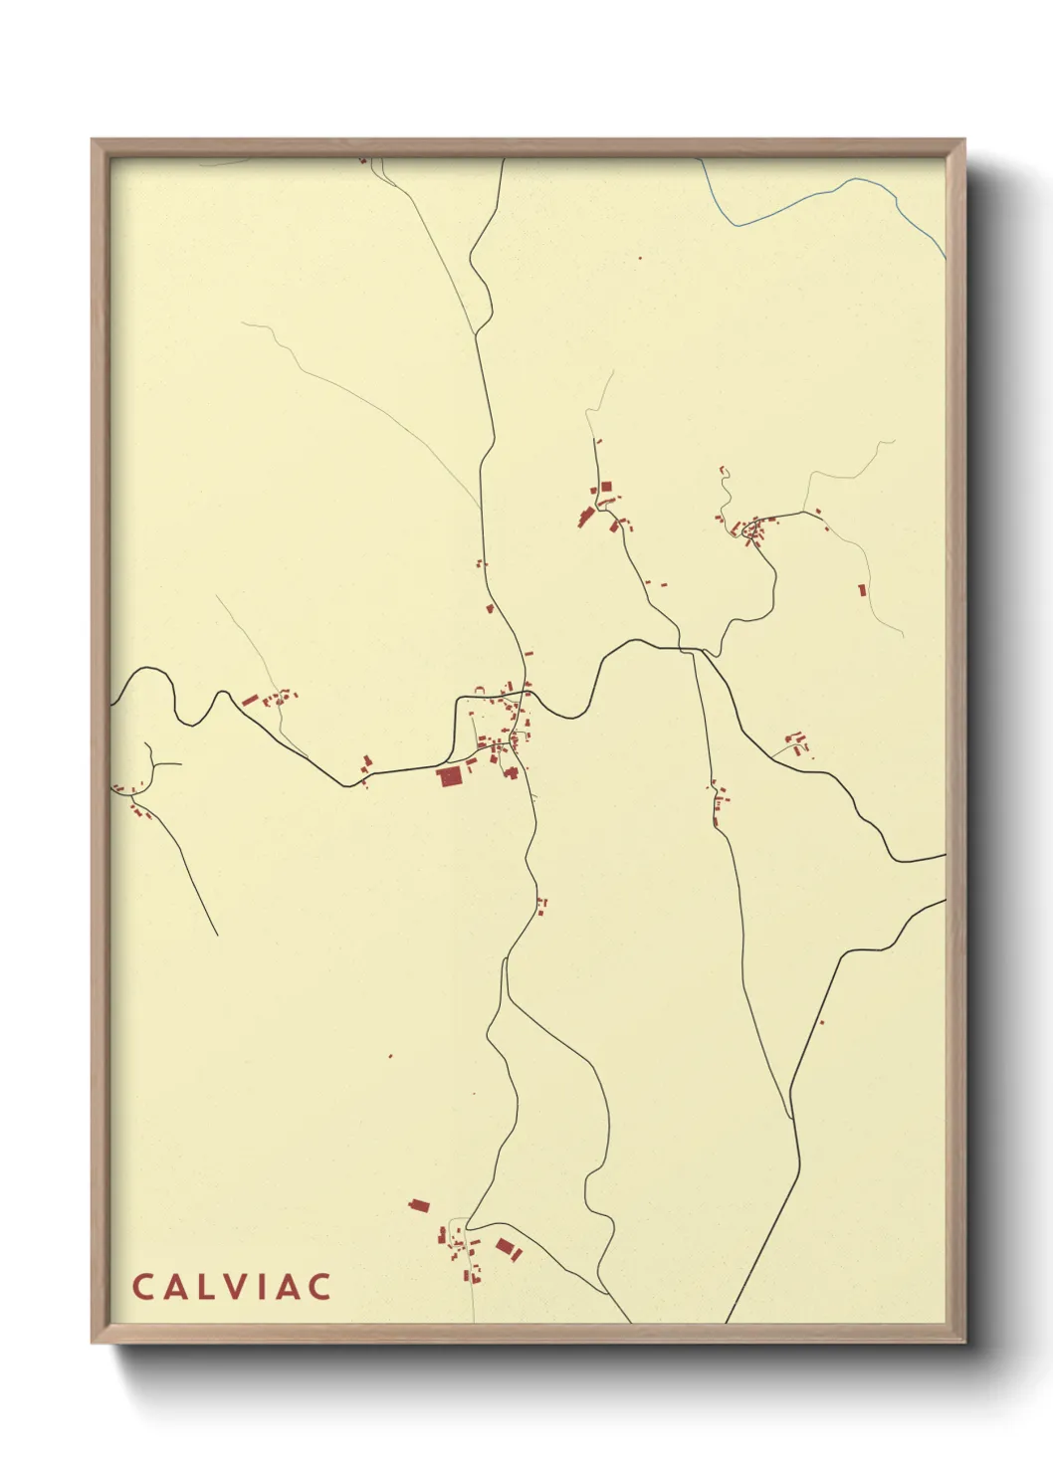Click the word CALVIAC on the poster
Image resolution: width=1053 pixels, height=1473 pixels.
231,1286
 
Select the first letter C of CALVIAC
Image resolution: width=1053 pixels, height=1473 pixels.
141,1286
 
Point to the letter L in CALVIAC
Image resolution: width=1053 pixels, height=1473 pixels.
204,1286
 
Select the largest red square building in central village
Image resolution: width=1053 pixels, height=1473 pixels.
449,776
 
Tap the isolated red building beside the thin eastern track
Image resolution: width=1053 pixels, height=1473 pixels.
862,590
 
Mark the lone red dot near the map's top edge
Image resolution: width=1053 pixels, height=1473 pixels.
640,259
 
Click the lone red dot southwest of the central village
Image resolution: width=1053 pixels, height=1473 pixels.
390,1055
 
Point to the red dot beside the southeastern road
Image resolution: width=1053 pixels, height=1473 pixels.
821,1021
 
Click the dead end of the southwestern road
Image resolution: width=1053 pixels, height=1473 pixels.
216,935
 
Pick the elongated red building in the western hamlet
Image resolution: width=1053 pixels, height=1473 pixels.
250,701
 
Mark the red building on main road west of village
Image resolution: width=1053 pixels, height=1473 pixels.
365,763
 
